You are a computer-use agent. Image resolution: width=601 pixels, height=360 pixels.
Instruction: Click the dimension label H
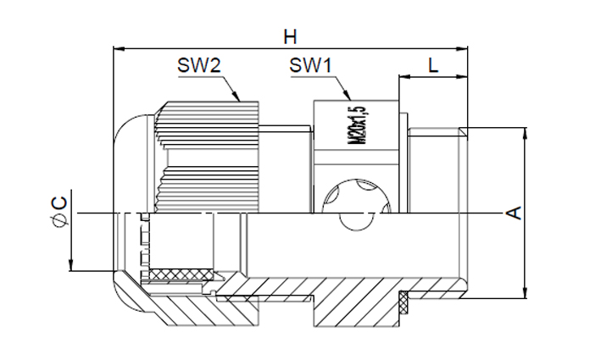290,37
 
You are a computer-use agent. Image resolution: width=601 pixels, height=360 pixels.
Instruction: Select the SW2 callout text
199,65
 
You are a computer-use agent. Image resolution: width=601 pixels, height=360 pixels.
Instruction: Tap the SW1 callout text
310,65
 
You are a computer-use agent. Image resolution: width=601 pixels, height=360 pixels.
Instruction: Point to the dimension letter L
433,66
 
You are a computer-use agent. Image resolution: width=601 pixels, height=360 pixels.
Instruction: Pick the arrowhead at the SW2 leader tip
236,96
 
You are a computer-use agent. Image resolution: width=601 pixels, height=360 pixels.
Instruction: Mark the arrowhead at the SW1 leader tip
348,96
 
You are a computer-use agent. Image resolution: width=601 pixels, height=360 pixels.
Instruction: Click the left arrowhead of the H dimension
119,48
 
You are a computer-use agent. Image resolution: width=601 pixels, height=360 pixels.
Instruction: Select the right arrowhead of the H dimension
462,48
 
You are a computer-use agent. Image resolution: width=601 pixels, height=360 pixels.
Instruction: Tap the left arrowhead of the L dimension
404,77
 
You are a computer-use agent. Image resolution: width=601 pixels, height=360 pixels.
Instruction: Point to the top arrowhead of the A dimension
526,133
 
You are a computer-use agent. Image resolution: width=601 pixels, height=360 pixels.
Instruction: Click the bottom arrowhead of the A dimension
526,293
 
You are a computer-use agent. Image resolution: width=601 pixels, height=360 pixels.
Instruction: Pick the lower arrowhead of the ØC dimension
71,265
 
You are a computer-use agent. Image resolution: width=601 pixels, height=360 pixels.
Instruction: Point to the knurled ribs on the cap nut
207,157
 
